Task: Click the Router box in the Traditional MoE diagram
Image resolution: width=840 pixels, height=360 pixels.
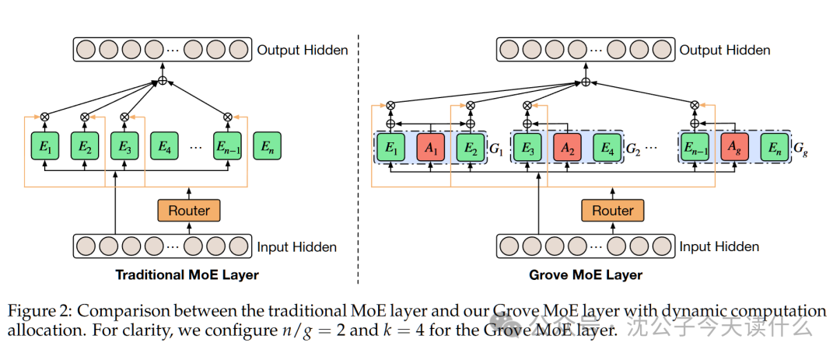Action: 189,211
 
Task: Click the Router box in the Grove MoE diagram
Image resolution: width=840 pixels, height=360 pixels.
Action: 613,211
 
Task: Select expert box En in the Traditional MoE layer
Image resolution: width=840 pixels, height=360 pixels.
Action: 268,146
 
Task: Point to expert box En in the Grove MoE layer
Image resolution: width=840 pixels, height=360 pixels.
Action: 773,146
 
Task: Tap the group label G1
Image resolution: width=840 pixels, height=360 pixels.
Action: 495,147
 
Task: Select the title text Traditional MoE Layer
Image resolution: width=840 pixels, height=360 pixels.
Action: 187,274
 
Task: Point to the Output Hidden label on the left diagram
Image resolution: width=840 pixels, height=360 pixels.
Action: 303,51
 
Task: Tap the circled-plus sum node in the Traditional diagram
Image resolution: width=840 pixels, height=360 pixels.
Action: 163,81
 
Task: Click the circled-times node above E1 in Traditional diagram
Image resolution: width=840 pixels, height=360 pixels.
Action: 44,117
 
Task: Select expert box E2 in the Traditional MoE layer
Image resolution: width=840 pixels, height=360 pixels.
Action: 85,146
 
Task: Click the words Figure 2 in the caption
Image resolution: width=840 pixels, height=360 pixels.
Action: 39,312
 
